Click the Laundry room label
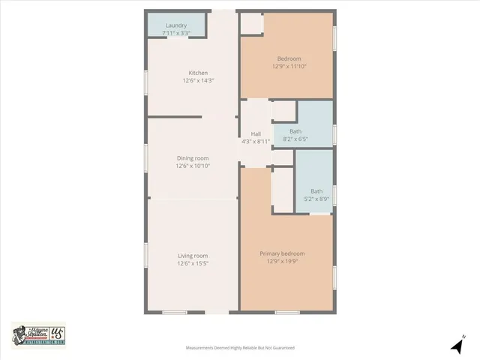[x=176, y=25]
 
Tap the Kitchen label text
[x=198, y=73]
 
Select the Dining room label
[x=193, y=158]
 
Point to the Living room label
[x=193, y=256]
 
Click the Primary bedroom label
[x=282, y=253]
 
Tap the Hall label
[x=256, y=134]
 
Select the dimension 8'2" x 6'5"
[x=295, y=139]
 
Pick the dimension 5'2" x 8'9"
[x=317, y=199]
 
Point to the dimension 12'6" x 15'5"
[x=193, y=263]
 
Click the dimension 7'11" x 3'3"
[x=176, y=33]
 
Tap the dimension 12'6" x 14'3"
[x=198, y=80]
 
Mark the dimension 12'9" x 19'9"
[x=282, y=262]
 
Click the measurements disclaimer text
[x=240, y=348]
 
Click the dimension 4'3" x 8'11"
[x=256, y=141]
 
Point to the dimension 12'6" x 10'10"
[x=193, y=166]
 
